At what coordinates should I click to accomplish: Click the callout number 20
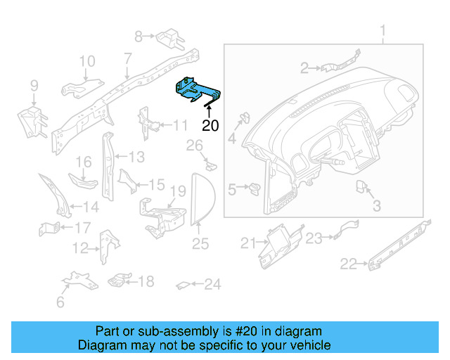click(x=210, y=127)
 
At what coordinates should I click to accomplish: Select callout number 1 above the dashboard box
click(x=383, y=32)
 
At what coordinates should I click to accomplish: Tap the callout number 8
click(x=139, y=34)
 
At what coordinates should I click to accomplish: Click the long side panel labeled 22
click(x=398, y=246)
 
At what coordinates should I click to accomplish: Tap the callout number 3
click(x=376, y=206)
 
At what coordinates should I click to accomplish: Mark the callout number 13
click(x=136, y=156)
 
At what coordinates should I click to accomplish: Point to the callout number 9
click(x=33, y=86)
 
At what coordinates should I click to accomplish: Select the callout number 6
click(x=60, y=302)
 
